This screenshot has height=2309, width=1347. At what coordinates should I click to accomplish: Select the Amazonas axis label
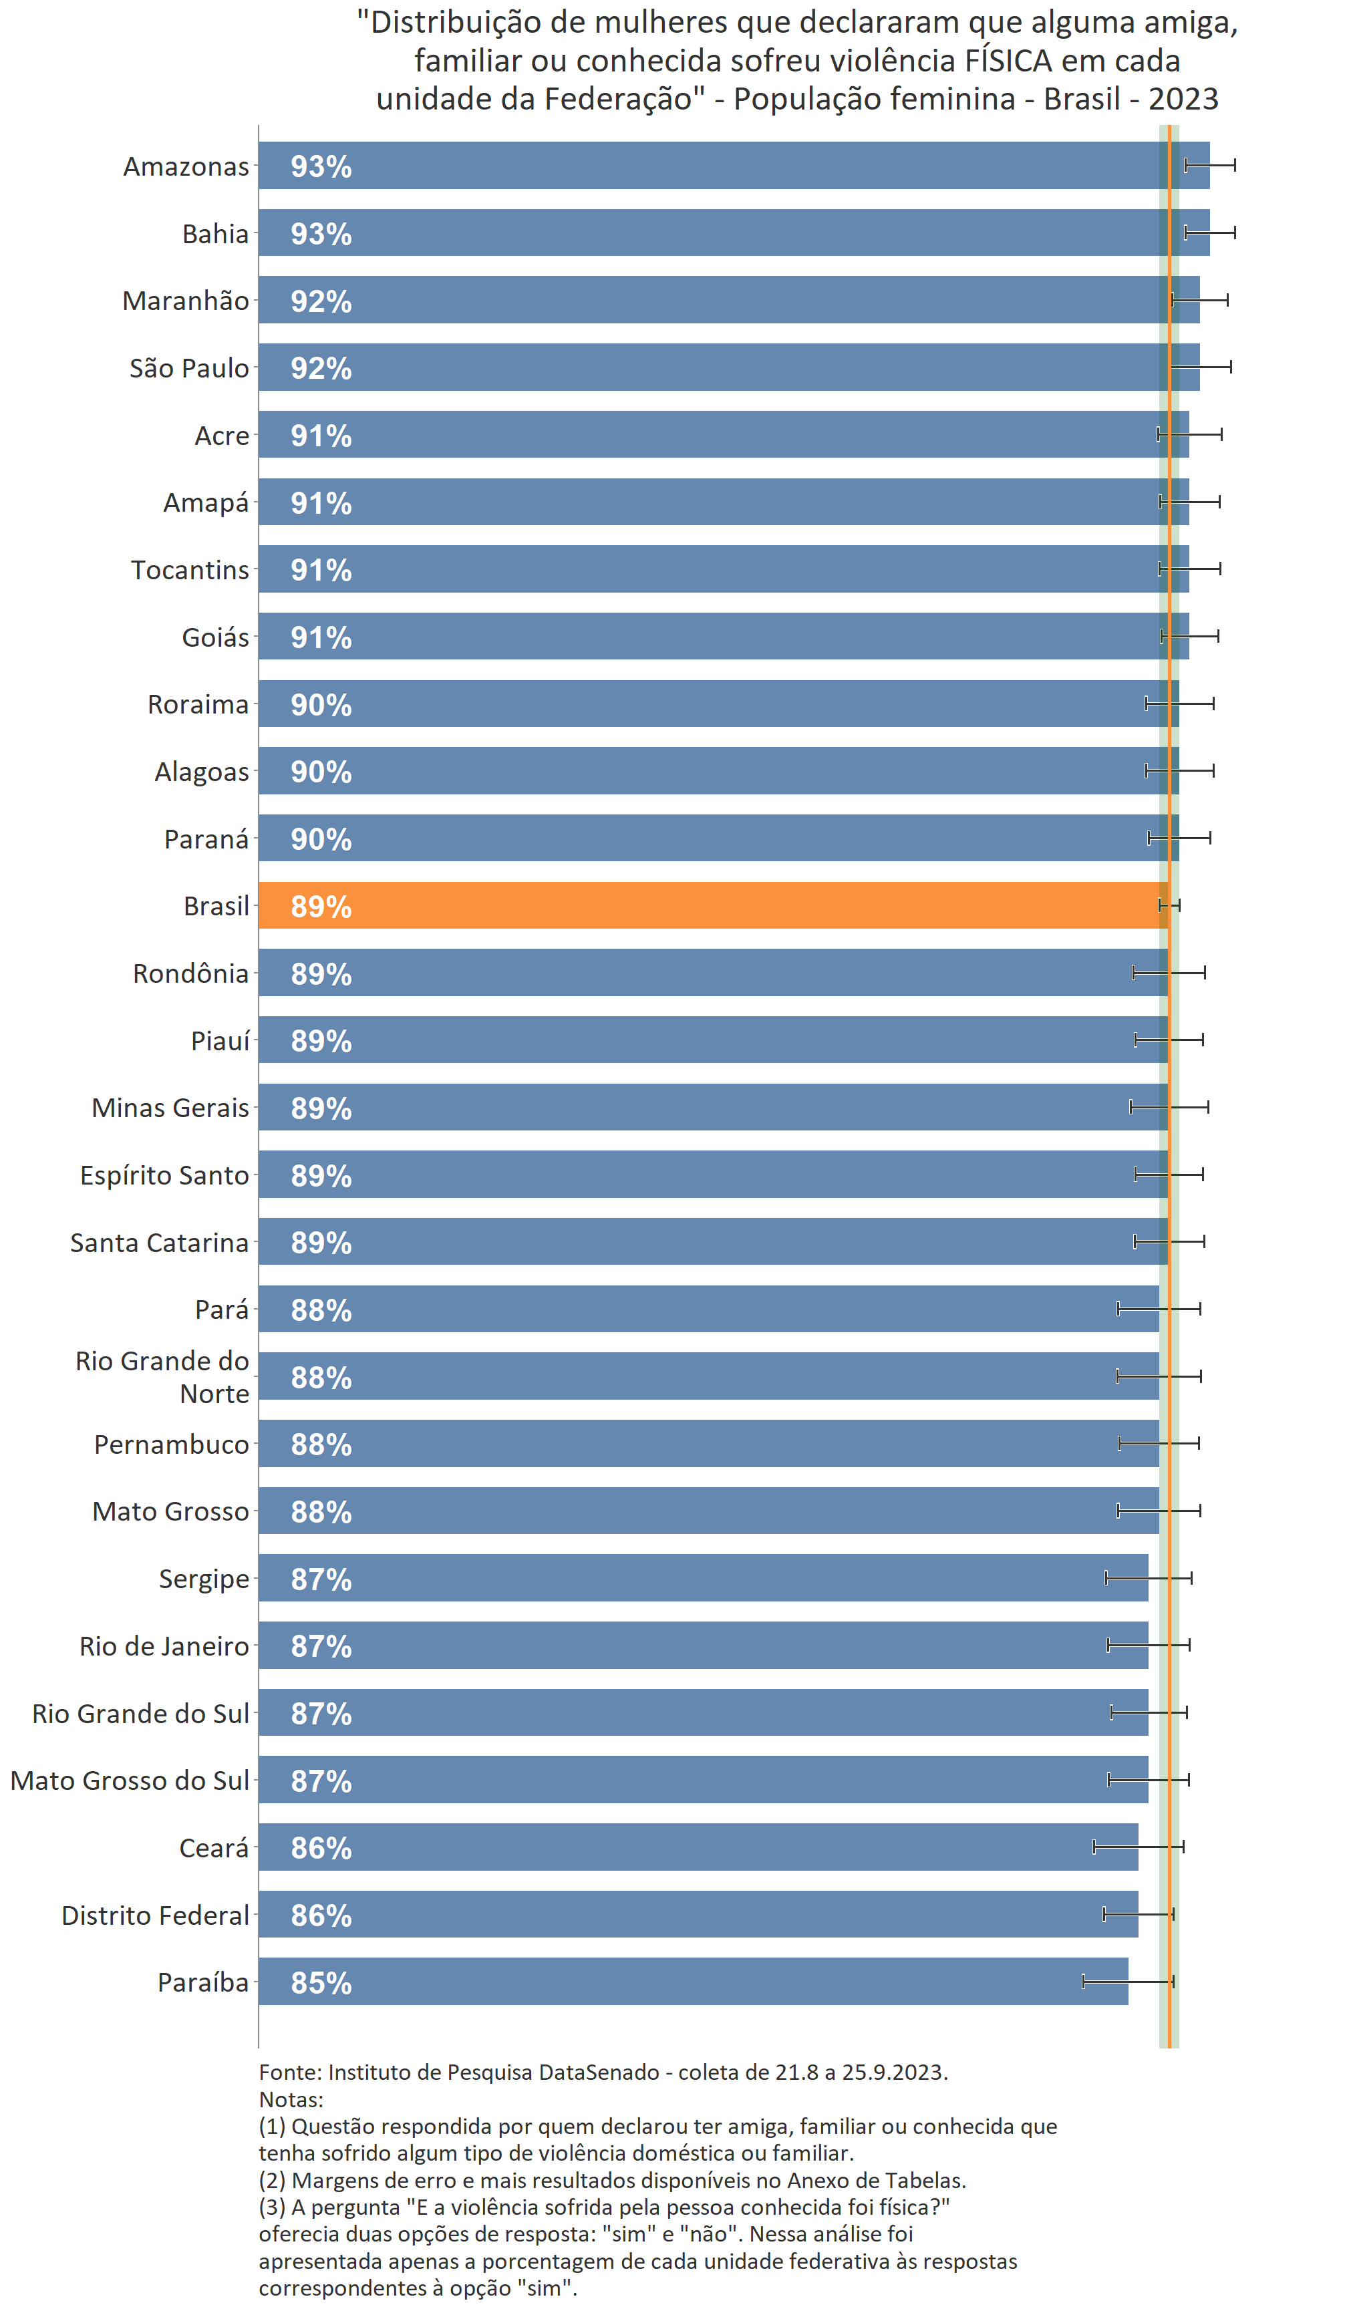pos(186,167)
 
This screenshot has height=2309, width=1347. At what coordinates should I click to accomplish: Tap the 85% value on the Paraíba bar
pos(321,1983)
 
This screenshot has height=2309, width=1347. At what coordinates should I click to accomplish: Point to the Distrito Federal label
pos(155,1915)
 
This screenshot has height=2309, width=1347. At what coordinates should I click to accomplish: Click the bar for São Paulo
pos(728,367)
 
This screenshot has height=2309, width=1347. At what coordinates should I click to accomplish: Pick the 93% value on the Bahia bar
pos(321,234)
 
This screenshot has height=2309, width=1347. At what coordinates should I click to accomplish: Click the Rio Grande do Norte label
pos(162,1377)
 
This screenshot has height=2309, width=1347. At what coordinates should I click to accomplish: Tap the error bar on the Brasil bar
pos(1169,905)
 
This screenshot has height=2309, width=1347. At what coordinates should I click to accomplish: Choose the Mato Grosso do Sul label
pos(130,1781)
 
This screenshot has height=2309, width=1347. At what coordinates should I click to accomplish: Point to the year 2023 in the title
pos(1183,99)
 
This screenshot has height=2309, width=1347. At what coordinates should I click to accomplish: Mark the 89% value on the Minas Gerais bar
pos(321,1108)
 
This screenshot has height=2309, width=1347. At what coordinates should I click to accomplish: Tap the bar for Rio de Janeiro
pos(703,1646)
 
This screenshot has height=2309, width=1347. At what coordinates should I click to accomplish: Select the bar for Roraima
pos(718,704)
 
